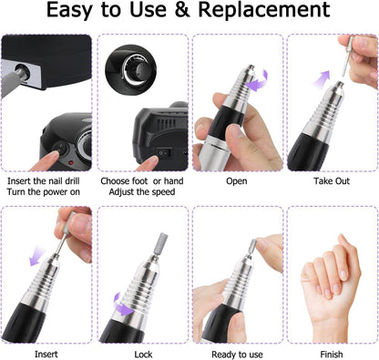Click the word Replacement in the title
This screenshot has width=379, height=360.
coord(264,11)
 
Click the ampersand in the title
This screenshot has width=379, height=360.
coord(182,10)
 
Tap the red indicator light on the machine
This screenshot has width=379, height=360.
coord(72,163)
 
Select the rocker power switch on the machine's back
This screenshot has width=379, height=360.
coord(164,154)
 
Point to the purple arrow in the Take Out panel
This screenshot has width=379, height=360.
coord(322,80)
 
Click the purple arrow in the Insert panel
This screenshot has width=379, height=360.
coord(37,256)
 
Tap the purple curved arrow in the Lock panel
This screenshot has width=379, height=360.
coord(123,304)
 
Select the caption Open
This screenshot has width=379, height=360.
coord(237,181)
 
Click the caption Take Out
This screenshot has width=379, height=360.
coord(332,181)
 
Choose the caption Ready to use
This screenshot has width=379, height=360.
coord(237,355)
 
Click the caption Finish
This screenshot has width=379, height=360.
coord(332,355)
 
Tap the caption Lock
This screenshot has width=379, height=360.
coord(143,355)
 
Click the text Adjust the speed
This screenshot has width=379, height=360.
coord(142,192)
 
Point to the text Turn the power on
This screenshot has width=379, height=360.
coord(44,192)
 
